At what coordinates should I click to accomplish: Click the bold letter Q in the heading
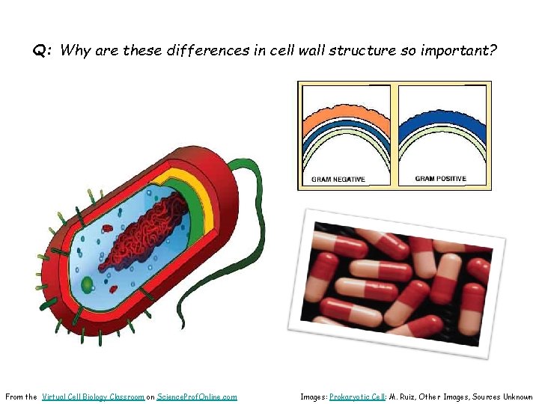point(39,52)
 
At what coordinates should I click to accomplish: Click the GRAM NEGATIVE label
point(338,180)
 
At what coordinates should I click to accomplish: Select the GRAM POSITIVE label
point(440,179)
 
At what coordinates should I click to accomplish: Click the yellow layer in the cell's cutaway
point(199,191)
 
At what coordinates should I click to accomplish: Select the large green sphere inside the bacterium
point(88,284)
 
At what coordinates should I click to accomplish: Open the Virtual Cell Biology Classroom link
point(94,397)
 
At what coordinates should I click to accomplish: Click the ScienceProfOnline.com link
point(197,397)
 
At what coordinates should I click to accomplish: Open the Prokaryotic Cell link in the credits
point(357,397)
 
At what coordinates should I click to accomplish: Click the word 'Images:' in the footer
point(314,397)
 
